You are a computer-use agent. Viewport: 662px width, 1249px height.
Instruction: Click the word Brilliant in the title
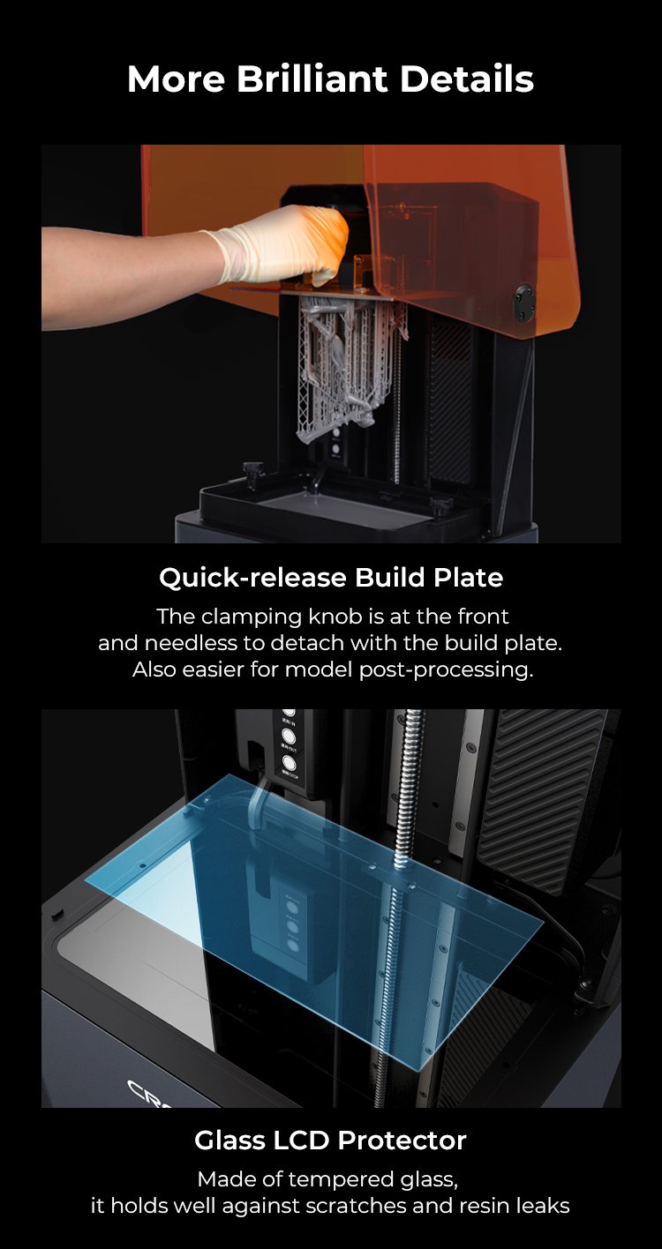point(312,79)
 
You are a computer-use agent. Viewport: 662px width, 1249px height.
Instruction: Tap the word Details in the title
point(466,79)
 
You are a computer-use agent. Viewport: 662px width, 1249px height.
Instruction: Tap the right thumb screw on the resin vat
point(441,504)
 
